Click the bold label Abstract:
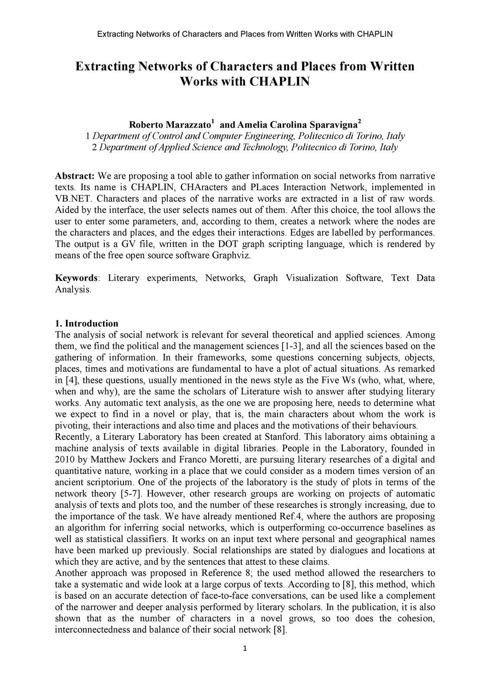(x=75, y=175)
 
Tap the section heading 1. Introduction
(x=87, y=323)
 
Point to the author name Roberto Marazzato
(x=170, y=125)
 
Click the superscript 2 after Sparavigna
(x=359, y=121)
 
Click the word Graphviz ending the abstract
(x=233, y=255)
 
